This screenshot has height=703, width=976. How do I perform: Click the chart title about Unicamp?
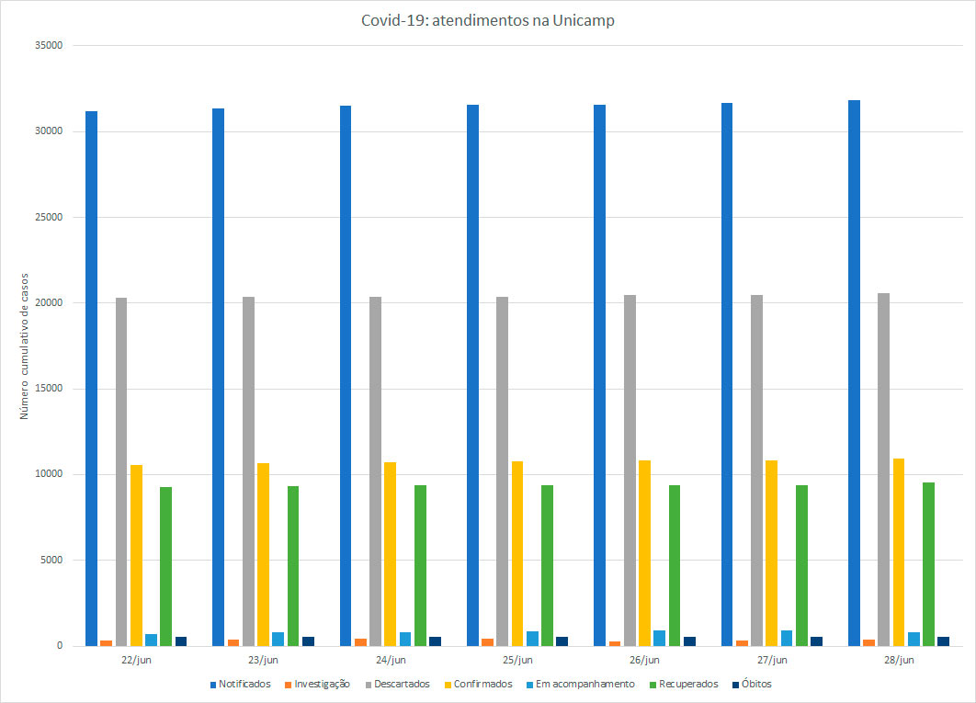(x=487, y=20)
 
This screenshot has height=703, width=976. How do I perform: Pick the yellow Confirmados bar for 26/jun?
(x=644, y=552)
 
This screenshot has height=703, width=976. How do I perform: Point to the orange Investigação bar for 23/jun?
(x=233, y=642)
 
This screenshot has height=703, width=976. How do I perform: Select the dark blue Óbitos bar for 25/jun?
(x=562, y=641)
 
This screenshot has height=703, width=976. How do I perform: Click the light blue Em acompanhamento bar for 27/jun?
(x=787, y=638)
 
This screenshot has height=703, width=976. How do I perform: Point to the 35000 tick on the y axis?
(x=46, y=45)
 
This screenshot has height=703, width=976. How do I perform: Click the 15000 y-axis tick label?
(x=46, y=388)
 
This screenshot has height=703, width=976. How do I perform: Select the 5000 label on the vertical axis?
(x=49, y=560)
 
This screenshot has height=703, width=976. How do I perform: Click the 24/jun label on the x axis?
(x=391, y=660)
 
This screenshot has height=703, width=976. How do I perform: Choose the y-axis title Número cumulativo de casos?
(x=25, y=346)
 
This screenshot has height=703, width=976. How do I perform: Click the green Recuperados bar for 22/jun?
(x=165, y=566)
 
